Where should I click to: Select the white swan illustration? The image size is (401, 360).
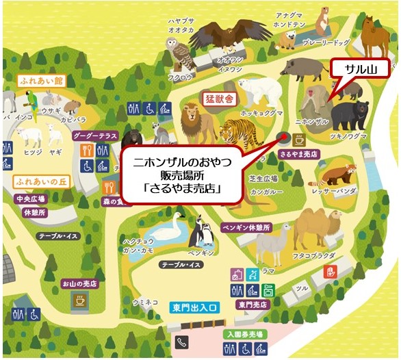click(x=171, y=229)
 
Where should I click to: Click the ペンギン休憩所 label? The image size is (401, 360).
click(x=246, y=227)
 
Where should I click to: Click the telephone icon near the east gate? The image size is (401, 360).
click(x=182, y=342)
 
